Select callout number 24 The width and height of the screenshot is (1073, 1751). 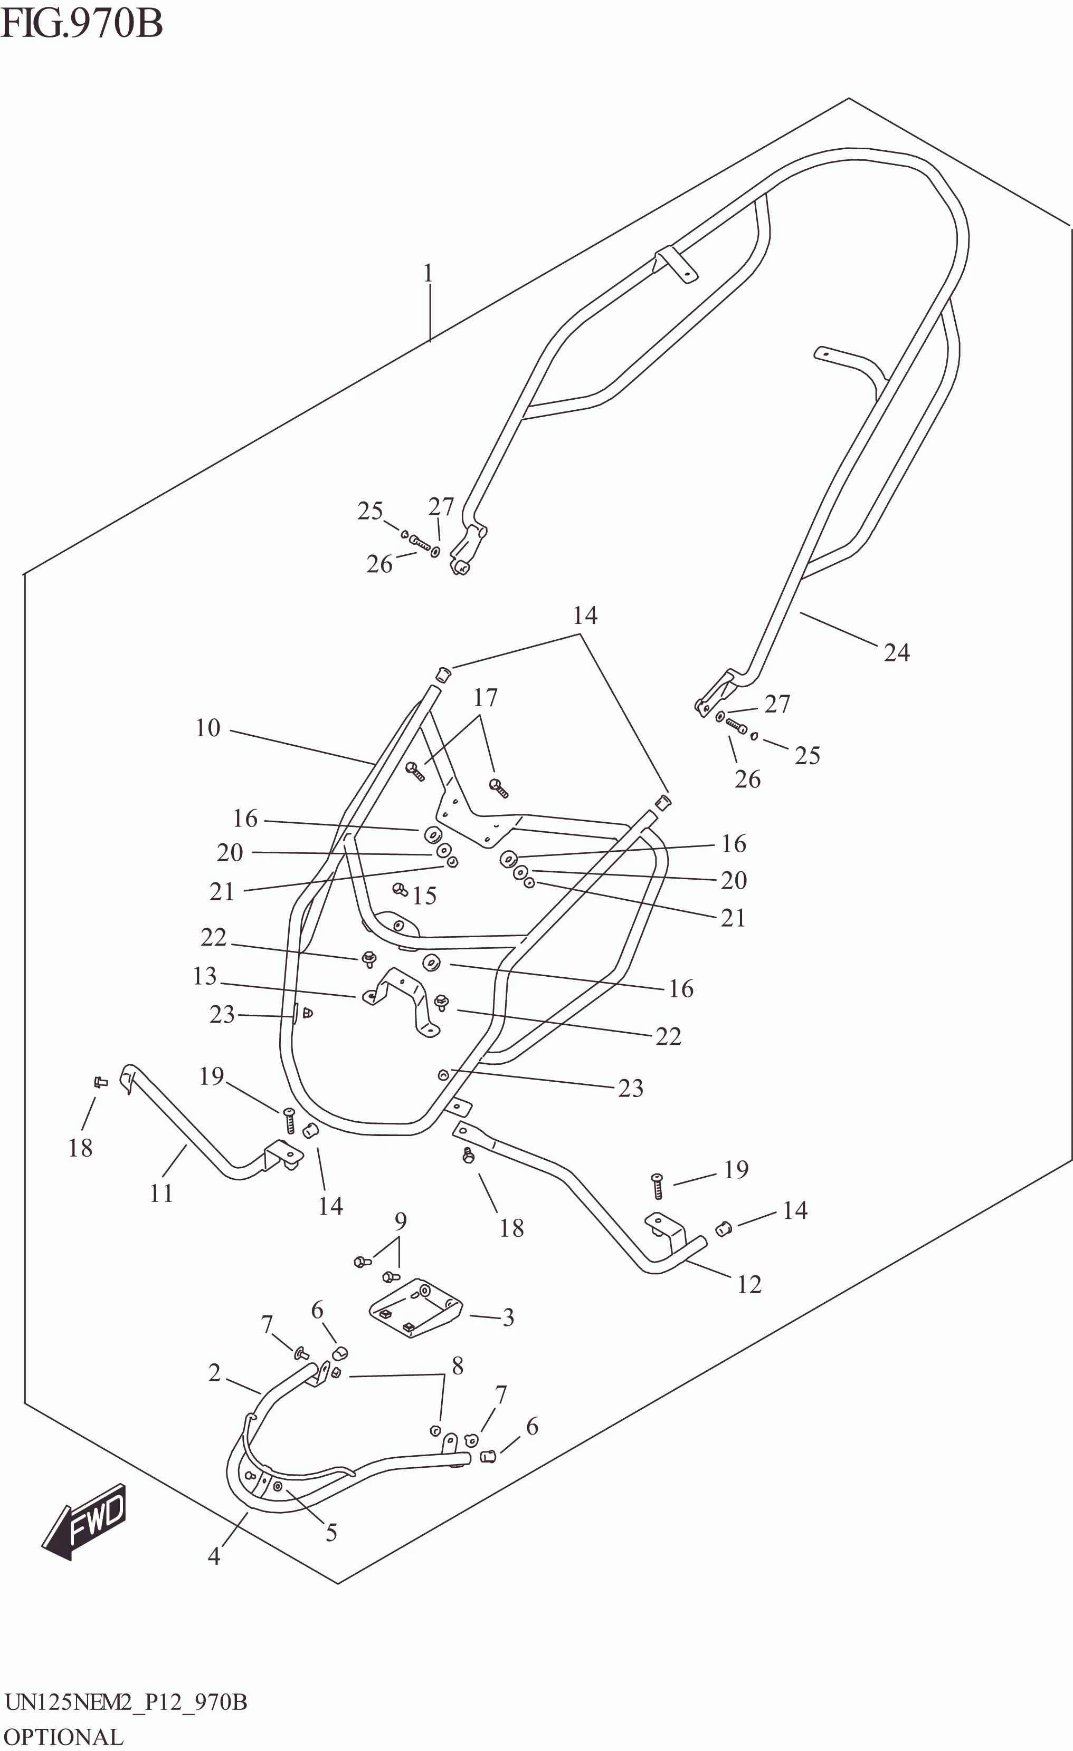coord(896,652)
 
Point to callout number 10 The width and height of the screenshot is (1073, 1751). coord(207,728)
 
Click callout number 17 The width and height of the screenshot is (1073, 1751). coord(485,698)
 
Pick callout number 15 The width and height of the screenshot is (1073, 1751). coord(424,896)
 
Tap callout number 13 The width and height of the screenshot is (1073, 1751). coord(204,976)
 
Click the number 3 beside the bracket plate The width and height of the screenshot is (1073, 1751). coord(508,1317)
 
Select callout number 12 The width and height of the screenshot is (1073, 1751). coord(749,1284)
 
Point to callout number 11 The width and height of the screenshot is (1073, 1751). coord(162,1193)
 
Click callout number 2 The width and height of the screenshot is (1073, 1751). coord(214,1372)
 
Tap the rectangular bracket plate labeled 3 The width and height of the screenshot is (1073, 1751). coord(416,1309)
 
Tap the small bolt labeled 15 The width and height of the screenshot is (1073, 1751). coord(400,889)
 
